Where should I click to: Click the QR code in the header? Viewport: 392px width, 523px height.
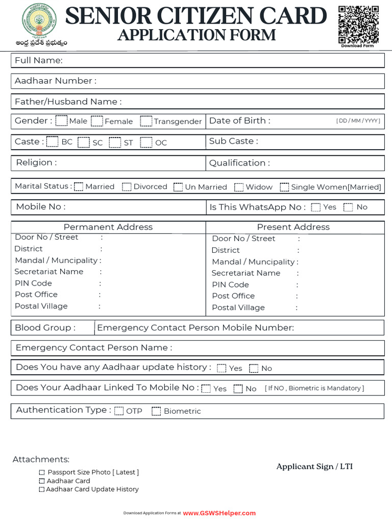pyautogui.click(x=359, y=24)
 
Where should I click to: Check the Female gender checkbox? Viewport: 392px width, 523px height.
pyautogui.click(x=97, y=121)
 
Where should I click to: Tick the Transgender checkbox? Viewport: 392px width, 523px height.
pyautogui.click(x=146, y=121)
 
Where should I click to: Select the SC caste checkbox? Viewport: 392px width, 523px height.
pyautogui.click(x=84, y=142)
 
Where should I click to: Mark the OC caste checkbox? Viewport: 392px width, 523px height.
pyautogui.click(x=146, y=142)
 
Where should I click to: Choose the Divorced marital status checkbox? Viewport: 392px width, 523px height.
pyautogui.click(x=127, y=187)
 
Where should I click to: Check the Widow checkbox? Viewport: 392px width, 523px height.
pyautogui.click(x=239, y=187)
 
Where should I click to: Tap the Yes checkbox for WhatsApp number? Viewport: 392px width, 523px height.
pyautogui.click(x=316, y=207)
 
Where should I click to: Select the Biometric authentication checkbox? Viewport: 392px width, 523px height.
pyautogui.click(x=157, y=411)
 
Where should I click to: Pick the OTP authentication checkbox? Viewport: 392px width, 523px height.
pyautogui.click(x=119, y=411)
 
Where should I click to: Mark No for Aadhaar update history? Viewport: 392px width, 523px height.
pyautogui.click(x=254, y=368)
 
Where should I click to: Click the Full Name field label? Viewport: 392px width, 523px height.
pyautogui.click(x=39, y=61)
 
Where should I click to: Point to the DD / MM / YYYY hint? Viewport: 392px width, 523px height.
pyautogui.click(x=358, y=121)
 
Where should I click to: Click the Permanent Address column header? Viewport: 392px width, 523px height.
pyautogui.click(x=108, y=227)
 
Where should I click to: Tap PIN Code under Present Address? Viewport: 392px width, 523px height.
pyautogui.click(x=231, y=284)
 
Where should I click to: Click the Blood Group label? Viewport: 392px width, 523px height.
pyautogui.click(x=45, y=328)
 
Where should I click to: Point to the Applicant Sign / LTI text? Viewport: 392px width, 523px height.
pyautogui.click(x=314, y=466)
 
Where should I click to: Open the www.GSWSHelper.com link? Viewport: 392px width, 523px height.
pyautogui.click(x=219, y=513)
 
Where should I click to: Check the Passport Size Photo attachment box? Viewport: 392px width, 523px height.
pyautogui.click(x=42, y=473)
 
